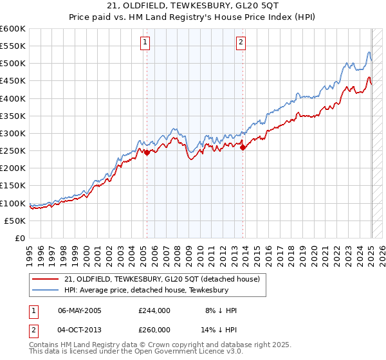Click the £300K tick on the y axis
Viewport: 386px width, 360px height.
click(x=13, y=133)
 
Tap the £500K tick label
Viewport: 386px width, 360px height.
click(x=13, y=64)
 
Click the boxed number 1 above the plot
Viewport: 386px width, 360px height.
click(x=145, y=43)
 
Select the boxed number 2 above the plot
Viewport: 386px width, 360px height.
click(x=241, y=43)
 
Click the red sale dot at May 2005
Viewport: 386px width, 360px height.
click(x=147, y=152)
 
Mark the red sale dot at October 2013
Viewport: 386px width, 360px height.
click(x=243, y=147)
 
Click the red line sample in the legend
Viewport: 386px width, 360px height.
click(x=46, y=280)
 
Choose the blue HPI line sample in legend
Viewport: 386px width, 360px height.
click(x=46, y=291)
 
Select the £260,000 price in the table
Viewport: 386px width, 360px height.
click(x=154, y=329)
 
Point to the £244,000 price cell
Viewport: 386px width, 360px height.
click(x=154, y=310)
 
